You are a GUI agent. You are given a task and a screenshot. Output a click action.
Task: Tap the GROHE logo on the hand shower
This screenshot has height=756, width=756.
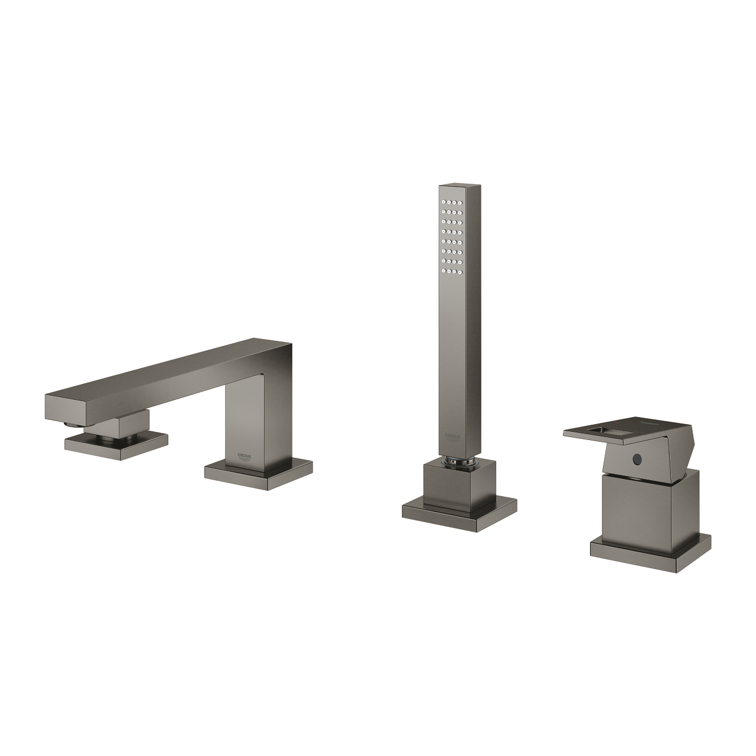click(454, 436)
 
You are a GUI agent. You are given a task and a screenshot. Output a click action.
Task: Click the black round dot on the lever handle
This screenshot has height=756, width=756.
click(637, 459)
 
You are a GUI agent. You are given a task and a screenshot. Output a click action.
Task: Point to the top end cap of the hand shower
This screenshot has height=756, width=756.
click(454, 188)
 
